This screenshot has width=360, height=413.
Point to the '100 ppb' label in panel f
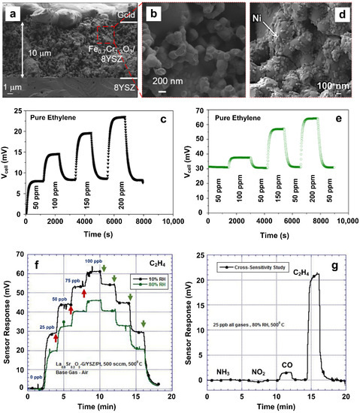coord(92,261)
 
